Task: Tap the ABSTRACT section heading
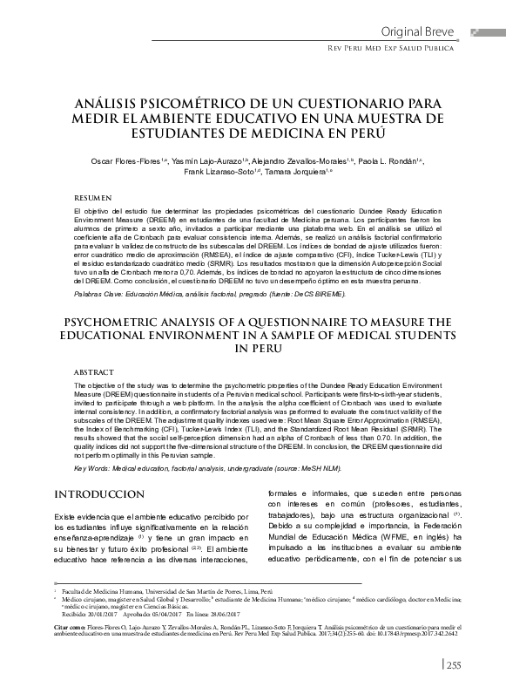point(93,371)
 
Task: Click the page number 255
point(455,666)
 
